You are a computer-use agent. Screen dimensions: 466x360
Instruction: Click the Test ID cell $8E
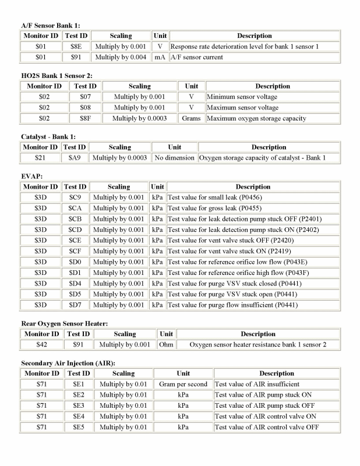click(x=75, y=46)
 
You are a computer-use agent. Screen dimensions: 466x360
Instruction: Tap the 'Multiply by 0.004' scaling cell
click(x=121, y=57)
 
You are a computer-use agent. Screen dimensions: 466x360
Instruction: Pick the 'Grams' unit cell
click(x=191, y=118)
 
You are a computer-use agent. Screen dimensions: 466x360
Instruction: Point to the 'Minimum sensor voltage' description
click(x=242, y=97)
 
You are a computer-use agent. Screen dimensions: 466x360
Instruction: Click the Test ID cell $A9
click(x=75, y=158)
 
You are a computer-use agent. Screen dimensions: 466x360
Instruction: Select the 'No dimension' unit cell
click(x=174, y=158)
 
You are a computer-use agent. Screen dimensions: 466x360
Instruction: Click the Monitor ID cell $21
click(x=40, y=158)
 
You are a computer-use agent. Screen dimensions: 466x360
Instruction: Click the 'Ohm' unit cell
click(x=166, y=345)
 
